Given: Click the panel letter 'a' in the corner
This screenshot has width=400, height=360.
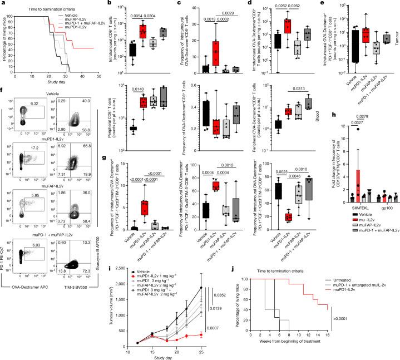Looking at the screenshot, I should pos(3,3).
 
